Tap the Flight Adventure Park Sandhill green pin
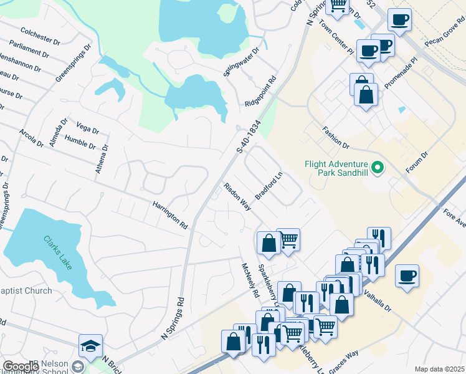pyautogui.click(x=376, y=168)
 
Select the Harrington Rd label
pyautogui.click(x=170, y=213)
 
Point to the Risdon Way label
pyautogui.click(x=237, y=196)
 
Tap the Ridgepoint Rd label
pyautogui.click(x=259, y=92)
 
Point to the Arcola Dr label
pyautogui.click(x=32, y=138)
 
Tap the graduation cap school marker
pyautogui.click(x=90, y=346)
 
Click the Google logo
pyautogui.click(x=21, y=367)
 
